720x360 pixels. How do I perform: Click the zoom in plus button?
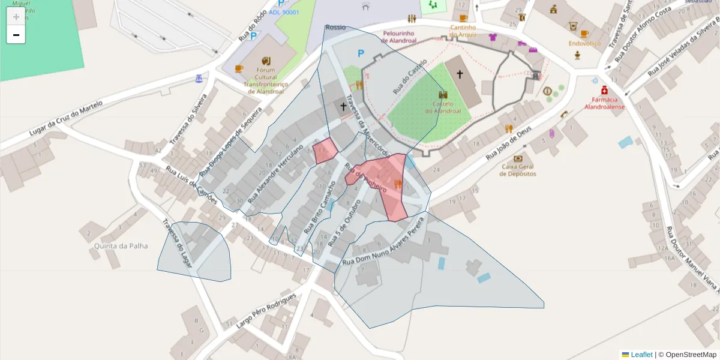click(x=16, y=17)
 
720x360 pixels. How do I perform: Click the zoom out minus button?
click(x=16, y=35)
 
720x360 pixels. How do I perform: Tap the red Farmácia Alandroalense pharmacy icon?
click(x=604, y=91)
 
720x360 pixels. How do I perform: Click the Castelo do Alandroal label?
click(x=443, y=107)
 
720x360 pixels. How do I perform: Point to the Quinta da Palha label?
click(x=121, y=246)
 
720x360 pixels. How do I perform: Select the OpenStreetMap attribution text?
click(x=686, y=355)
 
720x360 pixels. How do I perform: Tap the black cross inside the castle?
click(x=460, y=74)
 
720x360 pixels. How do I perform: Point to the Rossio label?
click(x=335, y=28)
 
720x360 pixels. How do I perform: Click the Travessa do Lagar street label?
click(x=178, y=245)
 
